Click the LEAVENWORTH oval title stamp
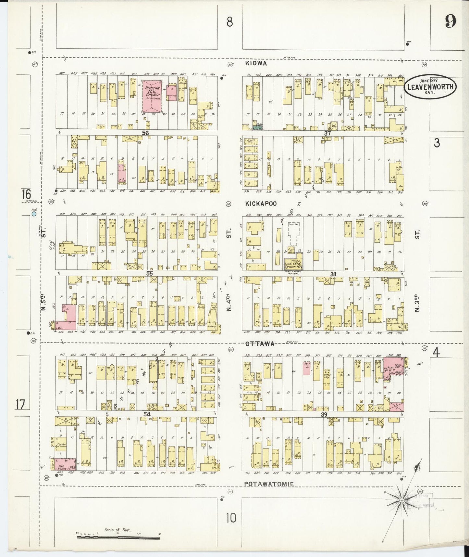(430, 86)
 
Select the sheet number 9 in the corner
(450, 22)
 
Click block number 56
(145, 133)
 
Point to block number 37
(327, 133)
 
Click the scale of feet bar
(118, 538)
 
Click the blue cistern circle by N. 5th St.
(34, 214)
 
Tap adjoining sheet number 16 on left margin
(26, 195)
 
